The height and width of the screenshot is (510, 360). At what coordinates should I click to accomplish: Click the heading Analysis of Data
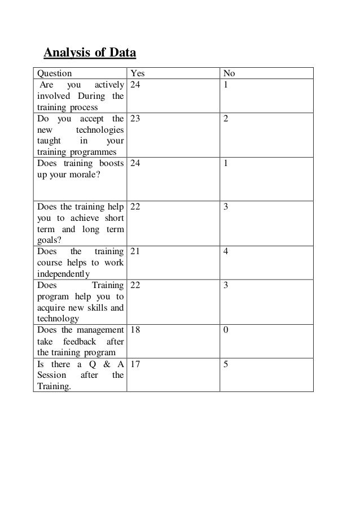click(x=90, y=54)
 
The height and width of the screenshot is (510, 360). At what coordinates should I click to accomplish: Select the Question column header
click(x=54, y=73)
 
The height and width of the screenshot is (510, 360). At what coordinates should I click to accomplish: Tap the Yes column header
click(x=138, y=73)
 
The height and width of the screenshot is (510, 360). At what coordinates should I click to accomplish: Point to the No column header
click(x=229, y=73)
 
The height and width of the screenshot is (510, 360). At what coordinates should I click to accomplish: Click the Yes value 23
click(x=136, y=119)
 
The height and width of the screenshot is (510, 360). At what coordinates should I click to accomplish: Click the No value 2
click(x=226, y=119)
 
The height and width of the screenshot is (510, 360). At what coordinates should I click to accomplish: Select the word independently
click(x=63, y=274)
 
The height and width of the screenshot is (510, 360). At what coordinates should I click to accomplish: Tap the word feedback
click(x=80, y=342)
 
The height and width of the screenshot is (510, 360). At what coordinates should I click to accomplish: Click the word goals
click(x=48, y=241)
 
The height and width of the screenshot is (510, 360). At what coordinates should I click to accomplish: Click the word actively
click(x=109, y=85)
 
